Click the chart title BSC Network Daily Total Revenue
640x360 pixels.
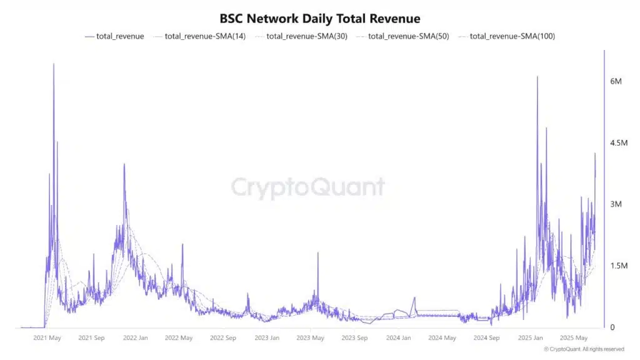click(320, 19)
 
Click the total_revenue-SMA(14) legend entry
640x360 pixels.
click(199, 36)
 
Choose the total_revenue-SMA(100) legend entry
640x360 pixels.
click(506, 36)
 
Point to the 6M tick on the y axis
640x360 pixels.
click(616, 82)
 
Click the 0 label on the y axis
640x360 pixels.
click(612, 327)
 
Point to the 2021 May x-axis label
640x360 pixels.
click(47, 338)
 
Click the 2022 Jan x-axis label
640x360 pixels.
click(135, 338)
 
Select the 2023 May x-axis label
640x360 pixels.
click(310, 338)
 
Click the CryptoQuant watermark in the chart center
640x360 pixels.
click(308, 187)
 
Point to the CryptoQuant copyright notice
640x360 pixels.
click(584, 349)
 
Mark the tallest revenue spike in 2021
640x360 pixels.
click(53, 64)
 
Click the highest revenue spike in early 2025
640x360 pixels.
click(537, 77)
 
